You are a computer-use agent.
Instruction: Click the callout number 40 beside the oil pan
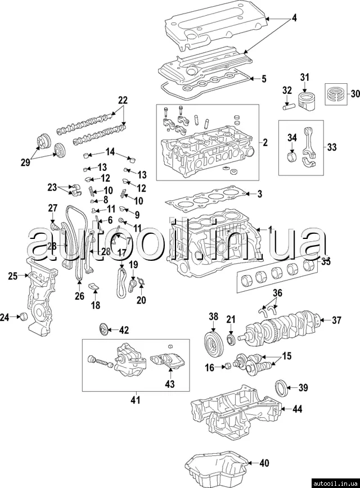click(264, 464)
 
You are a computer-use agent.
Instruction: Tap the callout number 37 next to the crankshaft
click(336, 321)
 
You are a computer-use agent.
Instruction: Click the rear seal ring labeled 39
click(281, 388)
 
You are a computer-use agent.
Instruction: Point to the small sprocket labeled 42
click(103, 329)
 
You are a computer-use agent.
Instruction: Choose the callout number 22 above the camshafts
click(123, 100)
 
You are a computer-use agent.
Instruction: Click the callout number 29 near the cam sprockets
click(24, 162)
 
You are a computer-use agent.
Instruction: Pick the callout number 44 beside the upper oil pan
click(298, 409)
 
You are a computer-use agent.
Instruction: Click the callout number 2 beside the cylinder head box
click(265, 142)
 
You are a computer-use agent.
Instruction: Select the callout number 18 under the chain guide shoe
click(96, 305)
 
